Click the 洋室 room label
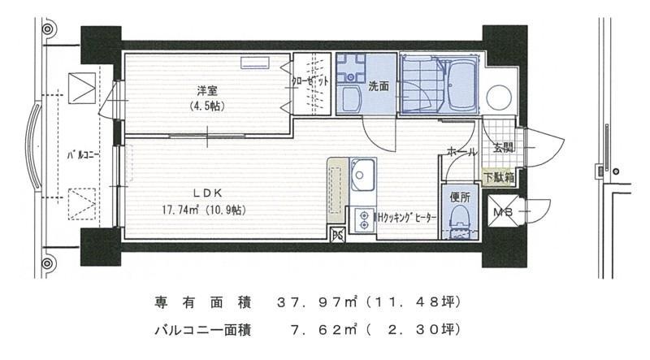204,89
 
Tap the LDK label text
203,193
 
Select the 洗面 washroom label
379,85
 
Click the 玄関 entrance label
503,148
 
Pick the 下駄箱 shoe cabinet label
498,176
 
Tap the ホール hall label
462,151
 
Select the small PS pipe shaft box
337,236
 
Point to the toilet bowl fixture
460,219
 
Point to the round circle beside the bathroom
498,98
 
